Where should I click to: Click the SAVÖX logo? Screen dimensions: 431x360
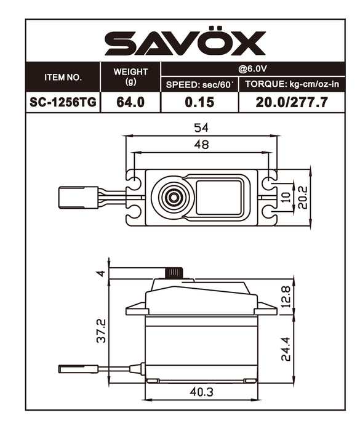(185, 43)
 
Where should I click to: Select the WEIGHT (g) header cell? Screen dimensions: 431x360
(130, 77)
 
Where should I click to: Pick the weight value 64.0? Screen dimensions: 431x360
(130, 102)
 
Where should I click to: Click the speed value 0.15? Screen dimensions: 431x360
(199, 102)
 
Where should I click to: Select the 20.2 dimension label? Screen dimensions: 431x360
(302, 197)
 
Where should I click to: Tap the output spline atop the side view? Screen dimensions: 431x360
(175, 273)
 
